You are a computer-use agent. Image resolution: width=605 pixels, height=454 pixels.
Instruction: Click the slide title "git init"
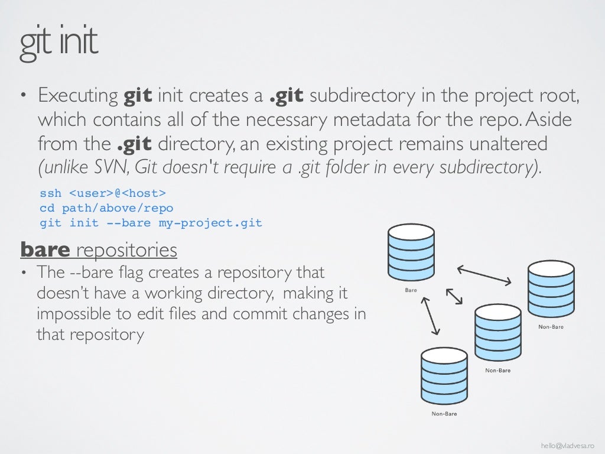tap(58, 44)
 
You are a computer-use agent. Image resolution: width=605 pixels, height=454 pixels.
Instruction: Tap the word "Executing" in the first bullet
tap(78, 96)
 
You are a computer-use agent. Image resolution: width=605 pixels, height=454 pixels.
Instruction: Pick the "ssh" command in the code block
tap(50, 194)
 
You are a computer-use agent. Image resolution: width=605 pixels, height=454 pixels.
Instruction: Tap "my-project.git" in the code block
tap(210, 223)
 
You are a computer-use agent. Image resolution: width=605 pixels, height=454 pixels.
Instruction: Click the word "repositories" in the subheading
tap(126, 250)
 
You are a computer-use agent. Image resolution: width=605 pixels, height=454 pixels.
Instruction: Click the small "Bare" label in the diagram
tap(411, 290)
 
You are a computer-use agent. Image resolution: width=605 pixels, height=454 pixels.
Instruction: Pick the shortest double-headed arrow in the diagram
tap(454, 297)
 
